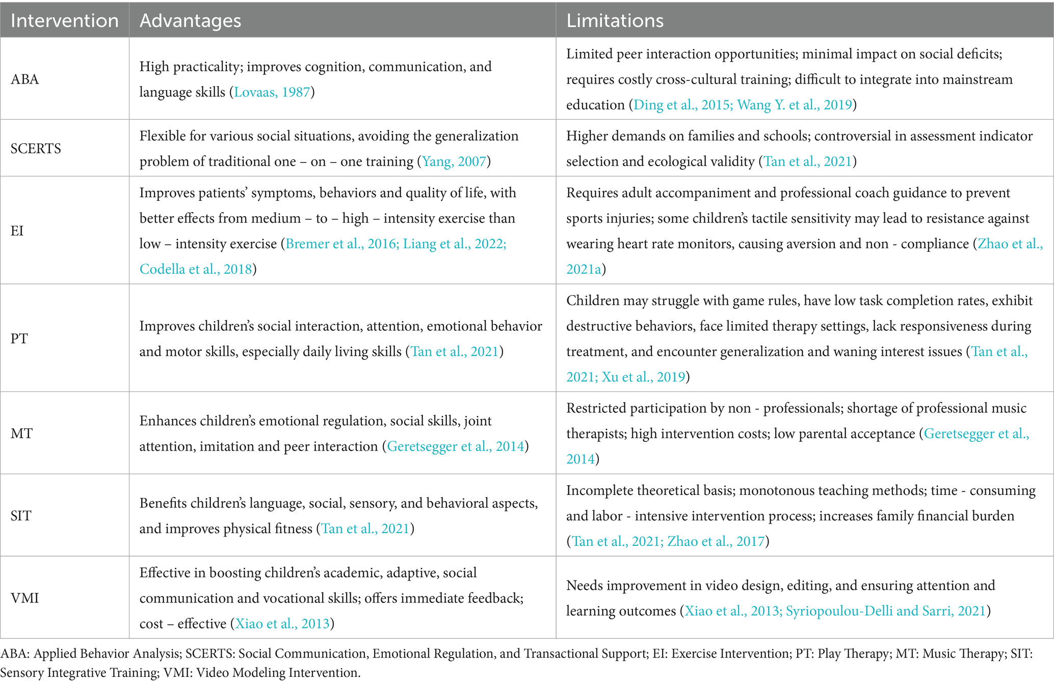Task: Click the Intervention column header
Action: click(64, 20)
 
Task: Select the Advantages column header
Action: click(190, 20)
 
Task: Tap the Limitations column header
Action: click(615, 20)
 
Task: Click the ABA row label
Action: click(25, 80)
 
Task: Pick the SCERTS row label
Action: click(36, 149)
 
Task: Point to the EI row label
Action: click(17, 231)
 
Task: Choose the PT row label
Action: click(19, 338)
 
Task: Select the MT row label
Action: click(21, 434)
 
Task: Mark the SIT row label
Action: click(21, 516)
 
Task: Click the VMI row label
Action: click(25, 598)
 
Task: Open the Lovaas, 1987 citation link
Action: click(272, 92)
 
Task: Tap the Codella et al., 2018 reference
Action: click(196, 269)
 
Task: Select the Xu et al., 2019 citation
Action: click(643, 377)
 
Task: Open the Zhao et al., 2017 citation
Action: click(716, 541)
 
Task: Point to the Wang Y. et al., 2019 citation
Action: click(795, 105)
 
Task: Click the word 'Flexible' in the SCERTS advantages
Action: click(163, 136)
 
